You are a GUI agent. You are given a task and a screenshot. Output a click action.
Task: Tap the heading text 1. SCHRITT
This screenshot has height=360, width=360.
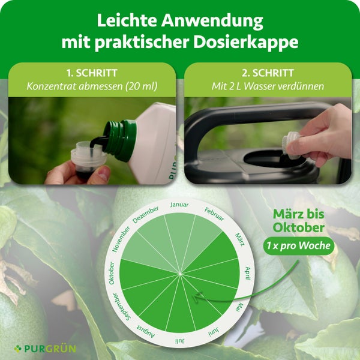click(x=92, y=73)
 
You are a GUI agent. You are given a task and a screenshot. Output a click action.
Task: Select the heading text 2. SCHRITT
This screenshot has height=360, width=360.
click(x=268, y=73)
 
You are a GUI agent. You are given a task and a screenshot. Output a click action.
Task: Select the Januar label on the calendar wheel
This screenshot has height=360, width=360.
click(x=179, y=205)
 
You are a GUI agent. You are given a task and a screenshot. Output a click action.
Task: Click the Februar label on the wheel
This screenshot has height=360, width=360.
click(x=214, y=214)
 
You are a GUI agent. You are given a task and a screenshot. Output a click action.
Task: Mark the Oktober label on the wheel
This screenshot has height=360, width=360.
click(x=112, y=274)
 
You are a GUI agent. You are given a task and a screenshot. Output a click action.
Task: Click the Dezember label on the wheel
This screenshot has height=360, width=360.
click(x=146, y=215)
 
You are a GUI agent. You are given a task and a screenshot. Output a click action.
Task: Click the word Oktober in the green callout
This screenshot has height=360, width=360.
click(x=298, y=228)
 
